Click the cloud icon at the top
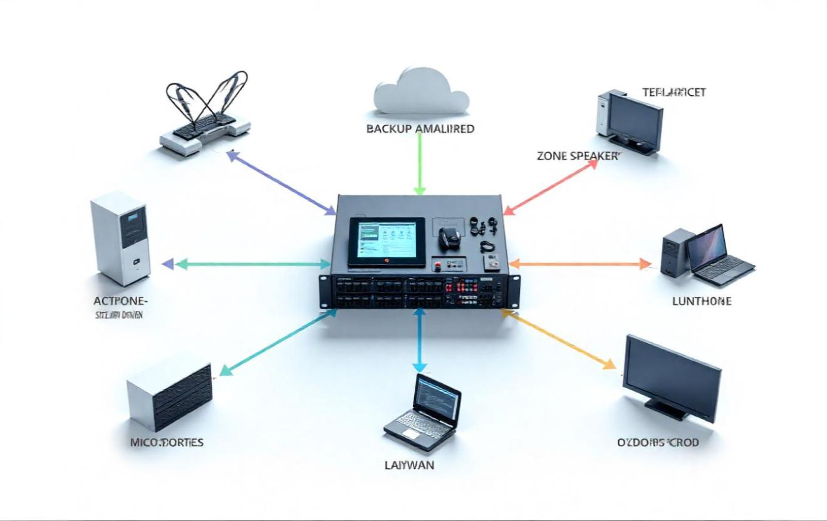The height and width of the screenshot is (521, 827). (x=420, y=92)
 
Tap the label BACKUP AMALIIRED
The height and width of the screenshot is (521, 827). (x=420, y=129)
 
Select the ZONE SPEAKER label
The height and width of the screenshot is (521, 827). (x=577, y=156)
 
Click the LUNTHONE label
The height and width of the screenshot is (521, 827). (x=702, y=301)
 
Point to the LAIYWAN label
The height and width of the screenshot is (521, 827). (x=408, y=465)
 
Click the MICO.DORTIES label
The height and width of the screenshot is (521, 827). (x=167, y=442)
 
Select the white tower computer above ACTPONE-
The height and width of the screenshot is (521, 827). (x=120, y=238)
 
